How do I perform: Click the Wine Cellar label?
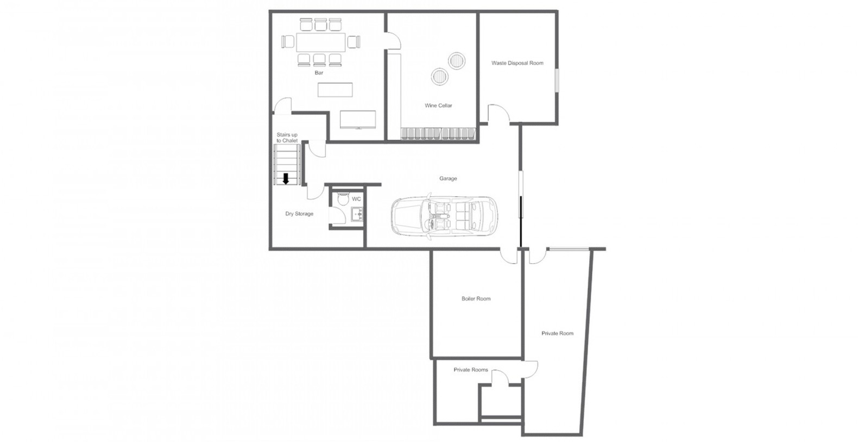[438, 105]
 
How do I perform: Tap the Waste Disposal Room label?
[517, 63]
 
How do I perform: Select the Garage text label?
[448, 178]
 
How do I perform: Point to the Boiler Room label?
[476, 298]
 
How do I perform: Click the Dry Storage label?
[299, 214]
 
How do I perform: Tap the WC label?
[356, 199]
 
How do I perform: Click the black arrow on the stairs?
[286, 179]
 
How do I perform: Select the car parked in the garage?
[444, 216]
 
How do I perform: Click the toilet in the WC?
[342, 198]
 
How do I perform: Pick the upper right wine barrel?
[457, 60]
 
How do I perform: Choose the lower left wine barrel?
[440, 77]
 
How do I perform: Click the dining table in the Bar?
[320, 42]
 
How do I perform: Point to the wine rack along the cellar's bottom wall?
[438, 133]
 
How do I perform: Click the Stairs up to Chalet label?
[287, 138]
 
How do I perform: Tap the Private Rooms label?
[471, 370]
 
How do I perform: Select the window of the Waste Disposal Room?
[557, 80]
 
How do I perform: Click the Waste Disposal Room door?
[499, 114]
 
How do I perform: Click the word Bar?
[319, 72]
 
